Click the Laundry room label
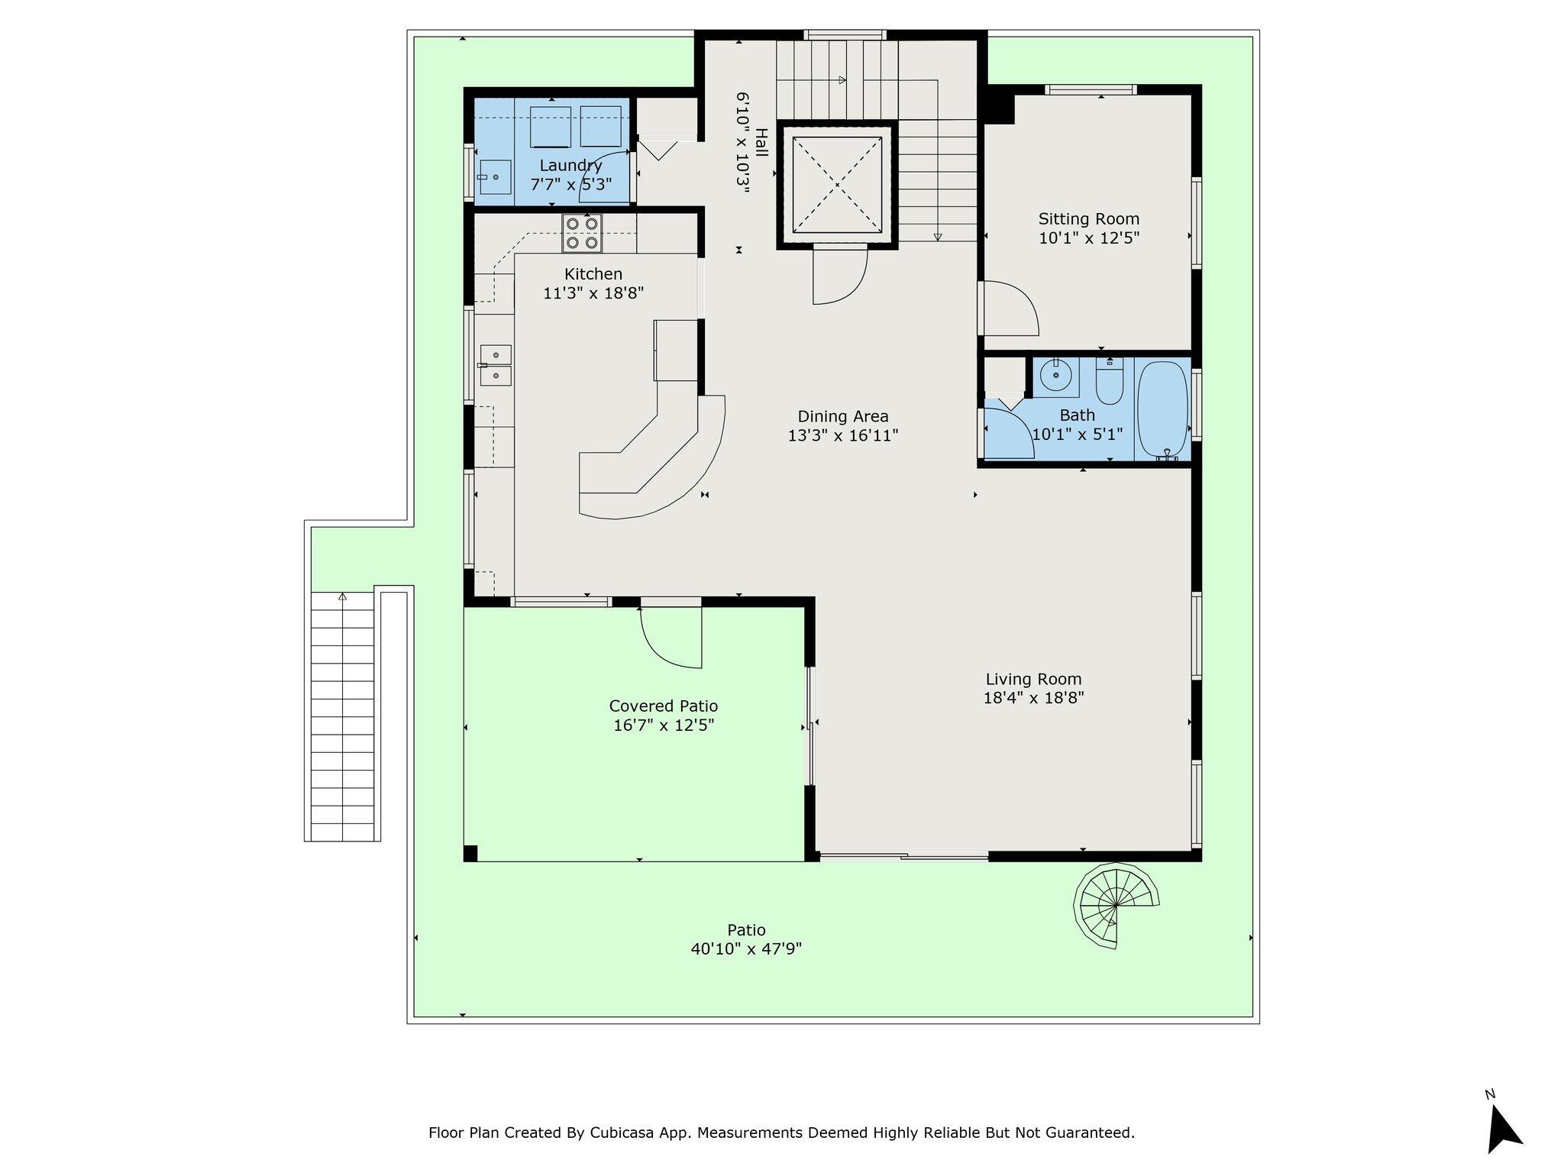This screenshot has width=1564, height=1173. [570, 166]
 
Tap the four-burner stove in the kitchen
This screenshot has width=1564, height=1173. [582, 233]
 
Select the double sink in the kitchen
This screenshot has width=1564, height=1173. [495, 365]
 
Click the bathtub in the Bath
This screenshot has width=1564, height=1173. [1163, 410]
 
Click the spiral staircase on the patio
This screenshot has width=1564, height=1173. [1116, 906]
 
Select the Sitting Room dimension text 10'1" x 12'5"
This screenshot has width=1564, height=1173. [1089, 238]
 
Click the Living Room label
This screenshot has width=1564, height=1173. [1033, 679]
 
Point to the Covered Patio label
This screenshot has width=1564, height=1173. [664, 706]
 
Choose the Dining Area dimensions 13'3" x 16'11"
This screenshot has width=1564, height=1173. [843, 435]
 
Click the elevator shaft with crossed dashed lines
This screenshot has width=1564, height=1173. [837, 185]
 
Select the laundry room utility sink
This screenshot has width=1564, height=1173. [495, 177]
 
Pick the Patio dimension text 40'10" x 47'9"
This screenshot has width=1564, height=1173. [746, 949]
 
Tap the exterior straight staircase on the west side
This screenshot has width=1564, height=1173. [342, 716]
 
